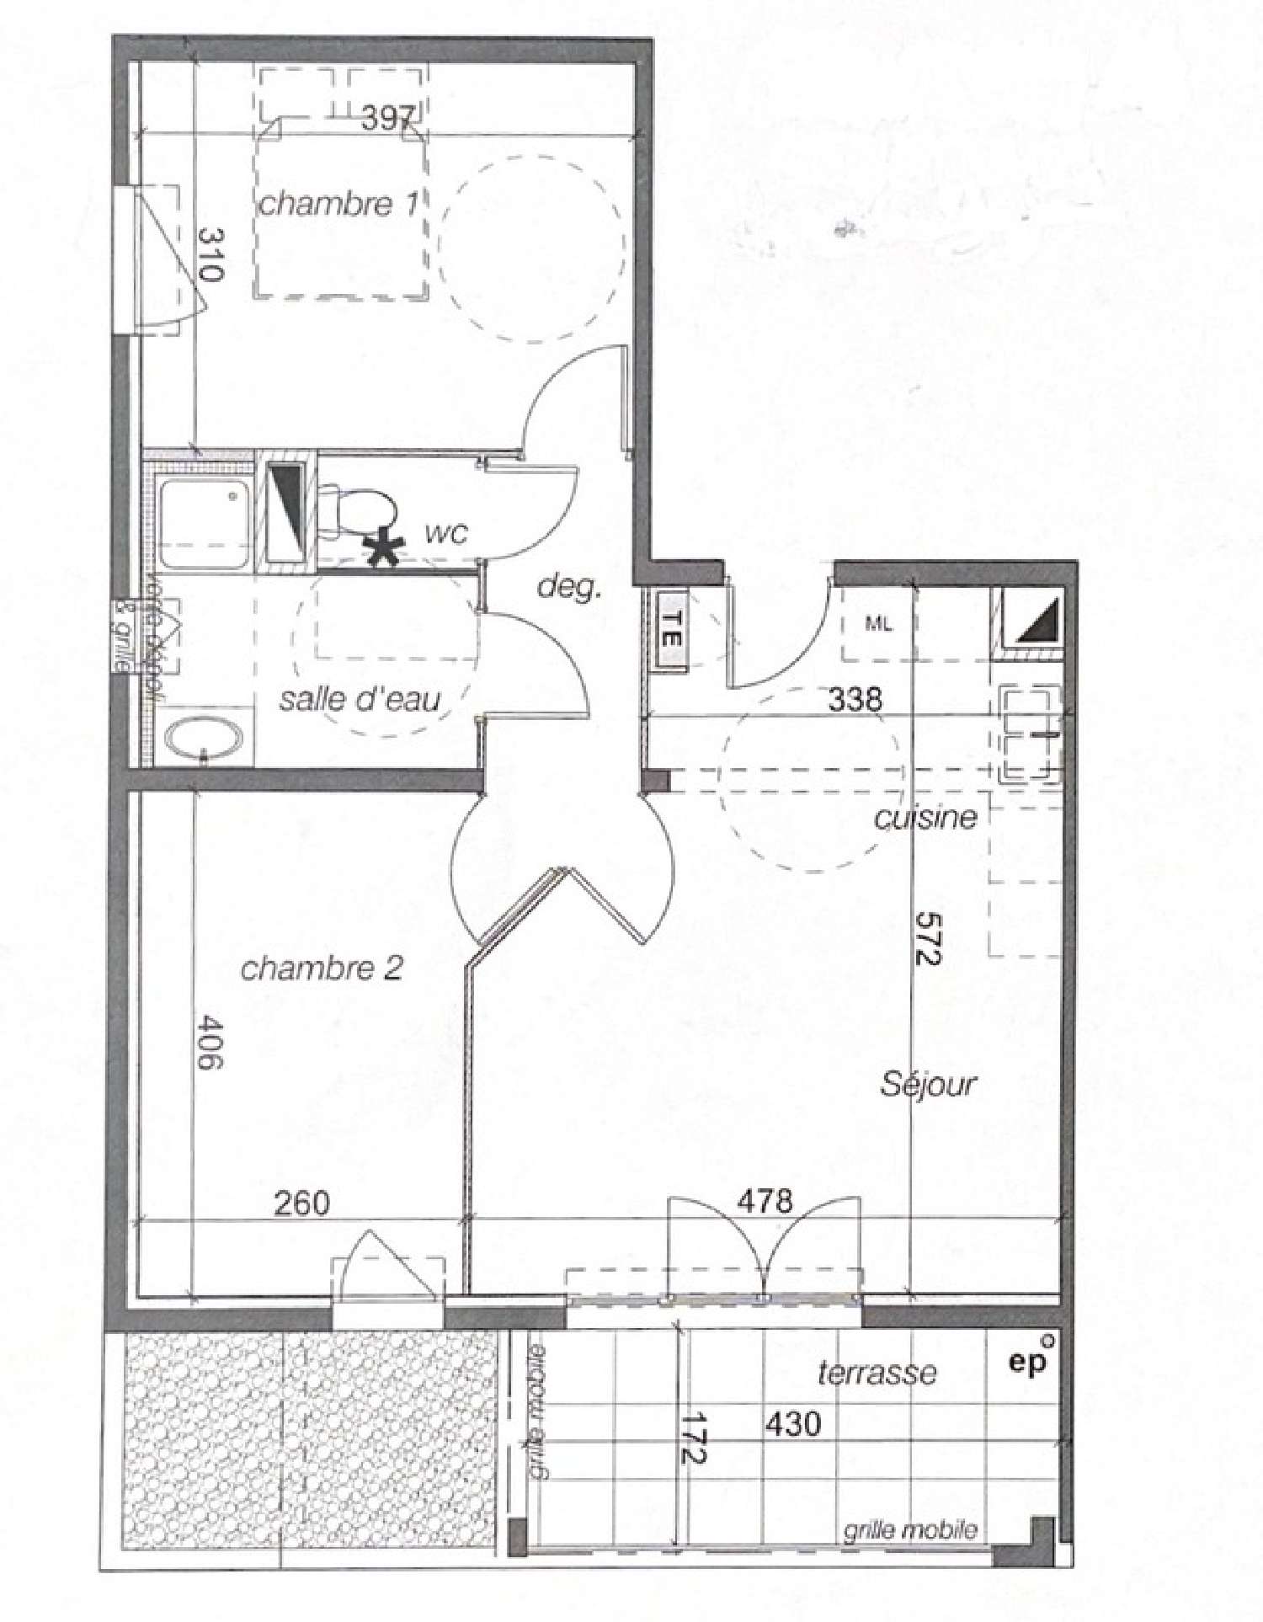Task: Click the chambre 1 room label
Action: click(x=338, y=205)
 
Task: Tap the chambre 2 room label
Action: click(x=322, y=969)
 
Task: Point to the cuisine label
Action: click(x=926, y=818)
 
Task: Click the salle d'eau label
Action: click(x=360, y=699)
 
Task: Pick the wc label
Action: click(x=446, y=534)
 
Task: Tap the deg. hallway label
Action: click(x=570, y=587)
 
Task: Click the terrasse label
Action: click(x=877, y=1373)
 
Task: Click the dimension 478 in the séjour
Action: click(x=765, y=1200)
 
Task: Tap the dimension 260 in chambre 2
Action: click(x=302, y=1203)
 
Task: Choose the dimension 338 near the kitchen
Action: click(x=855, y=699)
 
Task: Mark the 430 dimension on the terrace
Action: click(x=792, y=1424)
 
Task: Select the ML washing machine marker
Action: click(x=878, y=625)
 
